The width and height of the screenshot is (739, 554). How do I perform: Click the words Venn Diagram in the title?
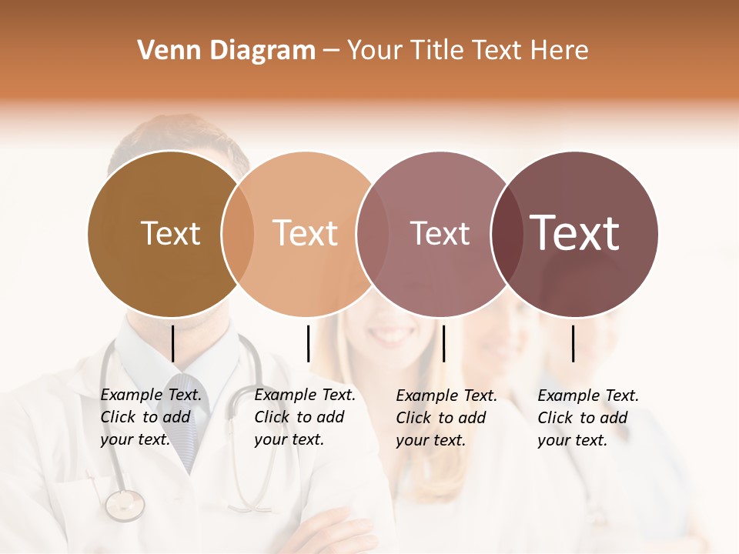[x=226, y=51]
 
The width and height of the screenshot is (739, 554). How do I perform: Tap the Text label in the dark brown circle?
[x=170, y=233]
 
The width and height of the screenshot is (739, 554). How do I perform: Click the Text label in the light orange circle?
[x=305, y=233]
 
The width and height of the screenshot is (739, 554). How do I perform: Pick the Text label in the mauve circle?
[x=440, y=233]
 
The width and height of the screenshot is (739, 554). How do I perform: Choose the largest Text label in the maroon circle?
[x=574, y=233]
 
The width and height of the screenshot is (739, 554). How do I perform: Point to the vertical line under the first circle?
[x=172, y=343]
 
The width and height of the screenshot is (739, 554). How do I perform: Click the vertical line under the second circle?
[x=308, y=343]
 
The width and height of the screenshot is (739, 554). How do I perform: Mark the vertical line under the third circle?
[x=443, y=343]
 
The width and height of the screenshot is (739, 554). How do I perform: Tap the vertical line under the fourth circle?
[x=573, y=343]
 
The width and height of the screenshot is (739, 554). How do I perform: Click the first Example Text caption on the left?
[x=150, y=417]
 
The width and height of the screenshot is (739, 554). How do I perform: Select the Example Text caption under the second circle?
[x=304, y=417]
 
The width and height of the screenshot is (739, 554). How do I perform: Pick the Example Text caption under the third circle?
[x=446, y=418]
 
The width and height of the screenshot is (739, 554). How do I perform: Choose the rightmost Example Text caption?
[x=587, y=418]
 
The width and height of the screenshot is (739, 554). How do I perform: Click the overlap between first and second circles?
[x=237, y=233]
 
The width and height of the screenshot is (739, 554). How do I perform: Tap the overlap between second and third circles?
[x=373, y=233]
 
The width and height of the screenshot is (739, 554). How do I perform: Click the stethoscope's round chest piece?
[x=124, y=505]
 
